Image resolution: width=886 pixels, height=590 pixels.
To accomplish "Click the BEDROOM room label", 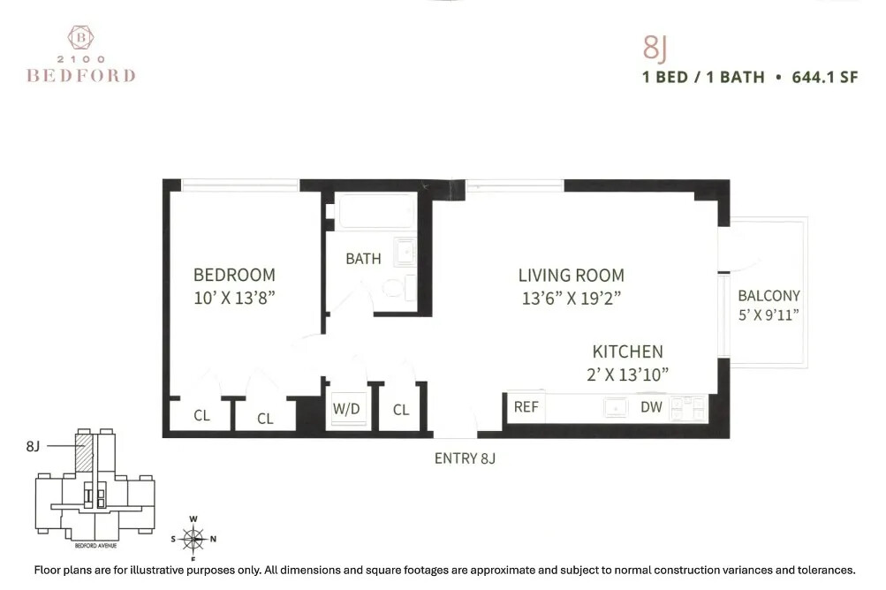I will point(234,275).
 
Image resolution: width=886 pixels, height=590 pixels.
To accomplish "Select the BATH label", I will point(363,259).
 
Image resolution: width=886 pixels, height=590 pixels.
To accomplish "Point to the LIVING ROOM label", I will point(571,276).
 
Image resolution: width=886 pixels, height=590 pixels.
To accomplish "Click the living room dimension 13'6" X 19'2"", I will point(572,299).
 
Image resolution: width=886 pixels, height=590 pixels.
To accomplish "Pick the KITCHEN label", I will point(627,352).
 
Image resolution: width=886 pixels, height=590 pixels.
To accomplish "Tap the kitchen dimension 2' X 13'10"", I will point(627,374).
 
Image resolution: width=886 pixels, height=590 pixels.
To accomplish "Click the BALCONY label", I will point(769,296).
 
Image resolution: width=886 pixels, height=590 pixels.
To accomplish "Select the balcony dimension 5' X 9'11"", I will point(769,314).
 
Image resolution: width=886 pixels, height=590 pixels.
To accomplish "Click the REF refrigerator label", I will point(526,407).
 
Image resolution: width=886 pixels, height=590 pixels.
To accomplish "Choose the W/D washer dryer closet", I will point(345,409).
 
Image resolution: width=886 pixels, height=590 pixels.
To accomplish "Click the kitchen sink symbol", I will point(615,407).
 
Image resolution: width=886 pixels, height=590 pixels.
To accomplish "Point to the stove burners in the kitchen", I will point(689,407).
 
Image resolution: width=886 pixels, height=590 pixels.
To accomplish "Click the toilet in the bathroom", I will point(398,288).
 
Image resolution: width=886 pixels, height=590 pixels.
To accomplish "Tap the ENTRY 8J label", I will point(464,458).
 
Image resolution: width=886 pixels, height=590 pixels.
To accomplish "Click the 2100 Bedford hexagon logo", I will point(80,37).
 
